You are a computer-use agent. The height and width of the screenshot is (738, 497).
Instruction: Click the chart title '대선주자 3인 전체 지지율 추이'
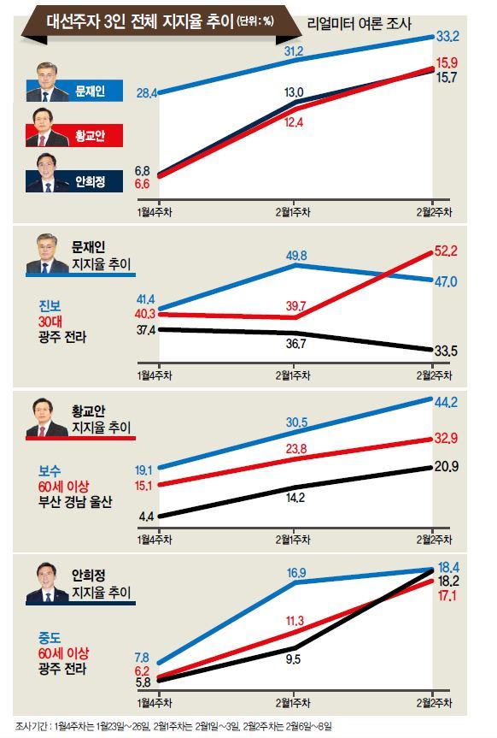tap(140, 21)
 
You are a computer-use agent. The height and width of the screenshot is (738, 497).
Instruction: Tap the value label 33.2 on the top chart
tap(447, 36)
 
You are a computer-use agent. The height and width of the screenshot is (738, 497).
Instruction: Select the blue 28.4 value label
tap(147, 93)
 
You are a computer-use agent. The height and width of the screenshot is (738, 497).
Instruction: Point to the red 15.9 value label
tap(447, 62)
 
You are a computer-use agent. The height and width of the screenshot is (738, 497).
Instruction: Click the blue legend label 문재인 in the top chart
tap(91, 91)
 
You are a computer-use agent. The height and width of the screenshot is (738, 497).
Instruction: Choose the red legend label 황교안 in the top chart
tap(91, 136)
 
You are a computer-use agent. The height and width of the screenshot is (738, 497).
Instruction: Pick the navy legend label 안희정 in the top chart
tap(91, 181)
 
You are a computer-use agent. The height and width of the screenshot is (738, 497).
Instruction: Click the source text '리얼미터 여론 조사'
tap(359, 23)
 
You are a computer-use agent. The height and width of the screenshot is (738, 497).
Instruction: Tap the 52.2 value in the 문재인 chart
tap(445, 251)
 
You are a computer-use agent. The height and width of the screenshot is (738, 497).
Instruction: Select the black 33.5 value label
tap(445, 351)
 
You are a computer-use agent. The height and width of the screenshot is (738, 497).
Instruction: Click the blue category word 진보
tap(50, 306)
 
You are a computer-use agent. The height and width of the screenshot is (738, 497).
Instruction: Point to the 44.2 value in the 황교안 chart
tap(446, 403)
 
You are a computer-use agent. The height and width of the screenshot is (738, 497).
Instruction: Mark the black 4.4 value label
tap(146, 517)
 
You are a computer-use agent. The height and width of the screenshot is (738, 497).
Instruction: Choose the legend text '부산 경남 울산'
tap(75, 502)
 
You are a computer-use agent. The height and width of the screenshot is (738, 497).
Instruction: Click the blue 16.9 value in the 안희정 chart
tap(296, 573)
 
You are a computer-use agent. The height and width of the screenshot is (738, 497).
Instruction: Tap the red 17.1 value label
tap(447, 596)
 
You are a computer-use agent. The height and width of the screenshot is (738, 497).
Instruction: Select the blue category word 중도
tap(50, 638)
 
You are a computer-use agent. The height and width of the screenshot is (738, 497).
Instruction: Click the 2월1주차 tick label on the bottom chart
tap(294, 703)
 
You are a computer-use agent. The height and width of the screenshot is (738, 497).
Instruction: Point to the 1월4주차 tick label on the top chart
tap(155, 212)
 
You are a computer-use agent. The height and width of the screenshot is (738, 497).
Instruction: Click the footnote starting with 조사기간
tap(173, 726)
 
